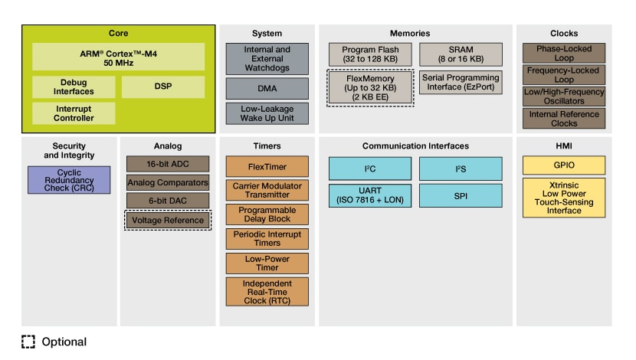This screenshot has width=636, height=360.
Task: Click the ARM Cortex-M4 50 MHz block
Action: (x=118, y=57)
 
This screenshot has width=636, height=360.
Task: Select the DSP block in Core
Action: (x=162, y=87)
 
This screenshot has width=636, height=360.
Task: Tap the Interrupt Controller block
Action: (x=74, y=113)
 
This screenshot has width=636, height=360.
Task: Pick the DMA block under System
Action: (x=267, y=88)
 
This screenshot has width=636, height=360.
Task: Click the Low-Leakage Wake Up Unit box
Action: (x=267, y=113)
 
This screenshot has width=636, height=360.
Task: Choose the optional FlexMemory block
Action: (x=371, y=88)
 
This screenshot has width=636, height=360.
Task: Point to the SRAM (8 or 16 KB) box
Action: (x=461, y=54)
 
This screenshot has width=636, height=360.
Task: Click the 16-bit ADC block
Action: (x=168, y=164)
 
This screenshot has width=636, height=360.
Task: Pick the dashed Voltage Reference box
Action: (x=168, y=221)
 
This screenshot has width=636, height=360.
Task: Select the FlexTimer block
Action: (x=267, y=166)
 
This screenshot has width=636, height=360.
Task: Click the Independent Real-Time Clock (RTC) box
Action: (x=267, y=291)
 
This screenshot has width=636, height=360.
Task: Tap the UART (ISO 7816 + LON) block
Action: (x=371, y=196)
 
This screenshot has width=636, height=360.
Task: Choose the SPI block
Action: (x=461, y=196)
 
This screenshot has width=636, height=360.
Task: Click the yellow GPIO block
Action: (x=563, y=165)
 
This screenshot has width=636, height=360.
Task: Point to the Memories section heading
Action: (x=410, y=34)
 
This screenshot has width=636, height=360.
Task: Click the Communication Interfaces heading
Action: (x=415, y=146)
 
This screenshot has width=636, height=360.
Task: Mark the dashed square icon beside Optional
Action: (x=28, y=342)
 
